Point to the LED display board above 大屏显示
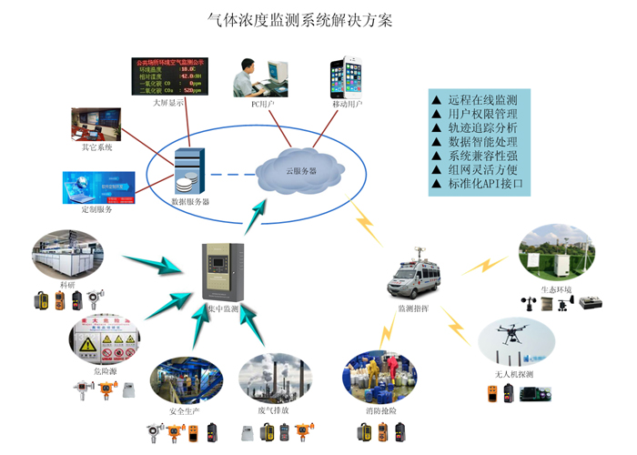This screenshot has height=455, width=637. [170, 76]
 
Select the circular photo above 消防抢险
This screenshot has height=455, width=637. [379, 377]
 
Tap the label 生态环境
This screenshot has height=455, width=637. [556, 288]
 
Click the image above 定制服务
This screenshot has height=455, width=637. [97, 187]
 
